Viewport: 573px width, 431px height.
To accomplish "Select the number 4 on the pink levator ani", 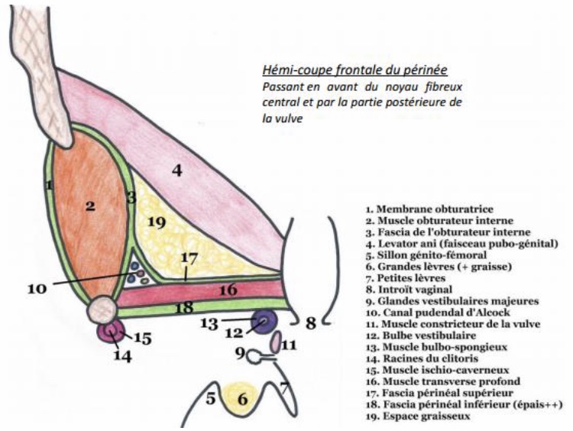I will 177,171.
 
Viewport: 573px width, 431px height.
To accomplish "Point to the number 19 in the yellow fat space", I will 157,222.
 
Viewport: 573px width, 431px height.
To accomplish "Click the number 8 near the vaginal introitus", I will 310,323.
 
